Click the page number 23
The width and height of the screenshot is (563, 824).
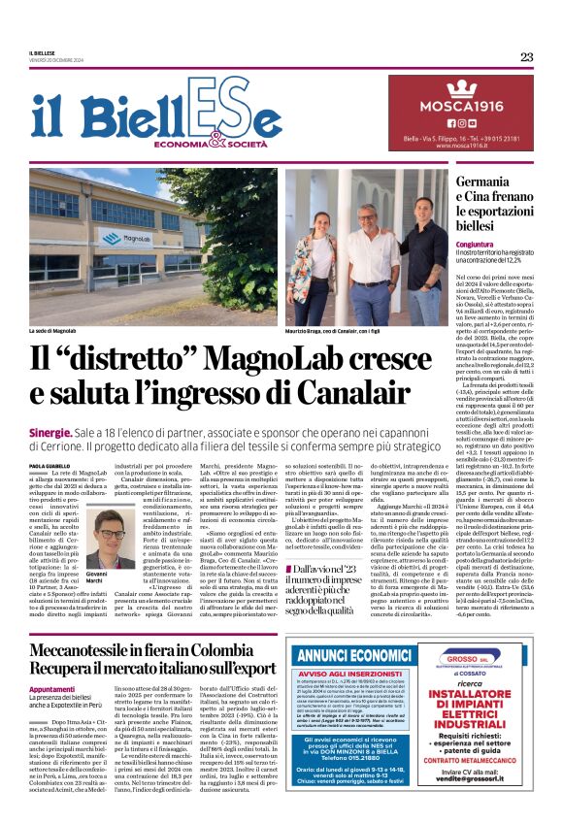[526, 56]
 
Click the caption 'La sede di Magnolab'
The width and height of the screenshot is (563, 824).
[53, 332]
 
